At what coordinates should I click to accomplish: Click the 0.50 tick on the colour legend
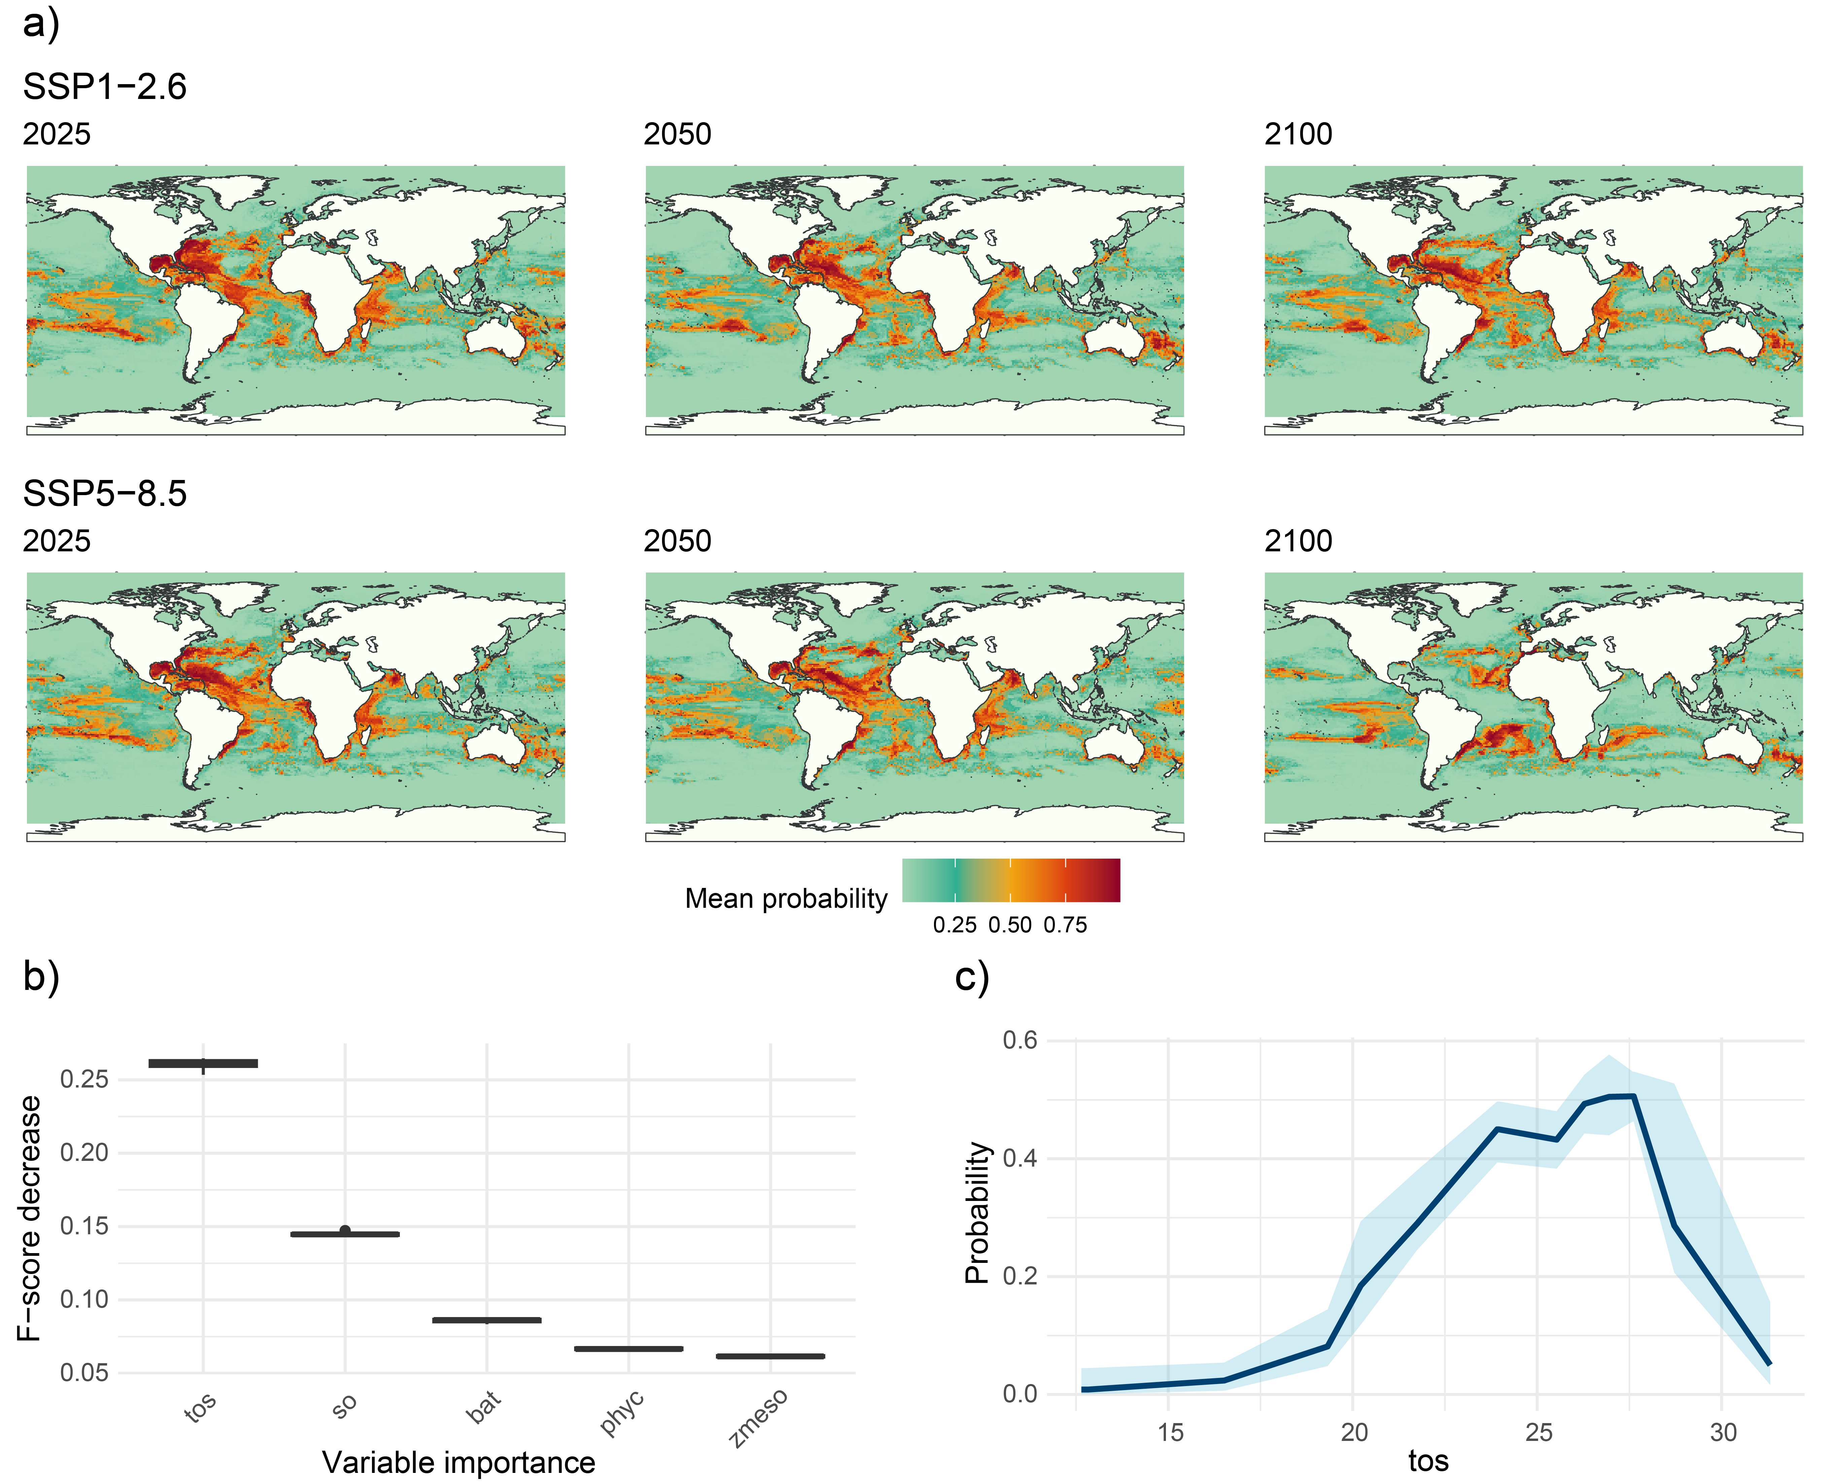[x=1010, y=925]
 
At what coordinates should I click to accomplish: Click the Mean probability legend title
[x=786, y=899]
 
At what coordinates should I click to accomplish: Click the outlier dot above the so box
[x=345, y=1230]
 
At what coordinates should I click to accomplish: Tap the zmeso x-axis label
[x=759, y=1418]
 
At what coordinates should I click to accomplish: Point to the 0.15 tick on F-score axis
[x=84, y=1227]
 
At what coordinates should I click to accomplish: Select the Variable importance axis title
[x=459, y=1462]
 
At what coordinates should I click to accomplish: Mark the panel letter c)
[x=971, y=976]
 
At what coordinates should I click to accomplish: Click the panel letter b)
[x=41, y=976]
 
